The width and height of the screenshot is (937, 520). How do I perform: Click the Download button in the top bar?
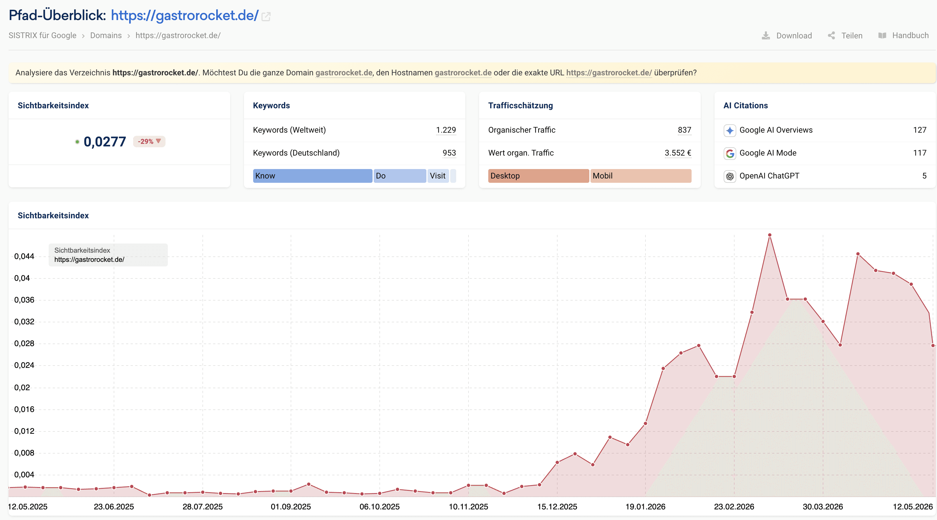tap(787, 35)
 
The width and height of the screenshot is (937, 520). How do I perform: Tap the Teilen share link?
tap(845, 35)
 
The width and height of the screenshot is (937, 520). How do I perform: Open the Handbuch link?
tap(903, 35)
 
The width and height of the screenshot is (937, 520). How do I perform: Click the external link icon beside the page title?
tap(266, 16)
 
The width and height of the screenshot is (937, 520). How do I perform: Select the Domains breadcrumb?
tap(106, 35)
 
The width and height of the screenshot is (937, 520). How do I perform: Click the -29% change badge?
tap(149, 141)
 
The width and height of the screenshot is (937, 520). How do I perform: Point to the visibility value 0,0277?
tap(105, 142)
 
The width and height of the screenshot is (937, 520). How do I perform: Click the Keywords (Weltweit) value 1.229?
tap(446, 130)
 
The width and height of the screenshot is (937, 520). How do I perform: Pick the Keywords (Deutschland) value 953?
tap(449, 153)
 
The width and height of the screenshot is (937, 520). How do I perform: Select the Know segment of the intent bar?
tap(312, 176)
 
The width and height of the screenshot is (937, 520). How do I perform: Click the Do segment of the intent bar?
tap(400, 176)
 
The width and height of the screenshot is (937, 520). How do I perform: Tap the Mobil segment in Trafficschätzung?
tap(641, 176)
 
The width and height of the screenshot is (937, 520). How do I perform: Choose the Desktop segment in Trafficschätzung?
tap(538, 176)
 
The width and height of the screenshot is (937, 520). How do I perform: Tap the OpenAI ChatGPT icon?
tap(730, 176)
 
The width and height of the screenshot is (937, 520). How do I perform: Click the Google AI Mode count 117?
tap(920, 153)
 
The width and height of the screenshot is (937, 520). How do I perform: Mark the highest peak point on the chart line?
tap(770, 235)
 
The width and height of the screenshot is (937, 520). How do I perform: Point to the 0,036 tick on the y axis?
tap(24, 300)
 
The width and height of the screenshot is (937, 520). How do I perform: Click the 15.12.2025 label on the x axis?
tap(557, 507)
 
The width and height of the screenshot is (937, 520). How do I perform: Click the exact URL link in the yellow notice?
tap(609, 73)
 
